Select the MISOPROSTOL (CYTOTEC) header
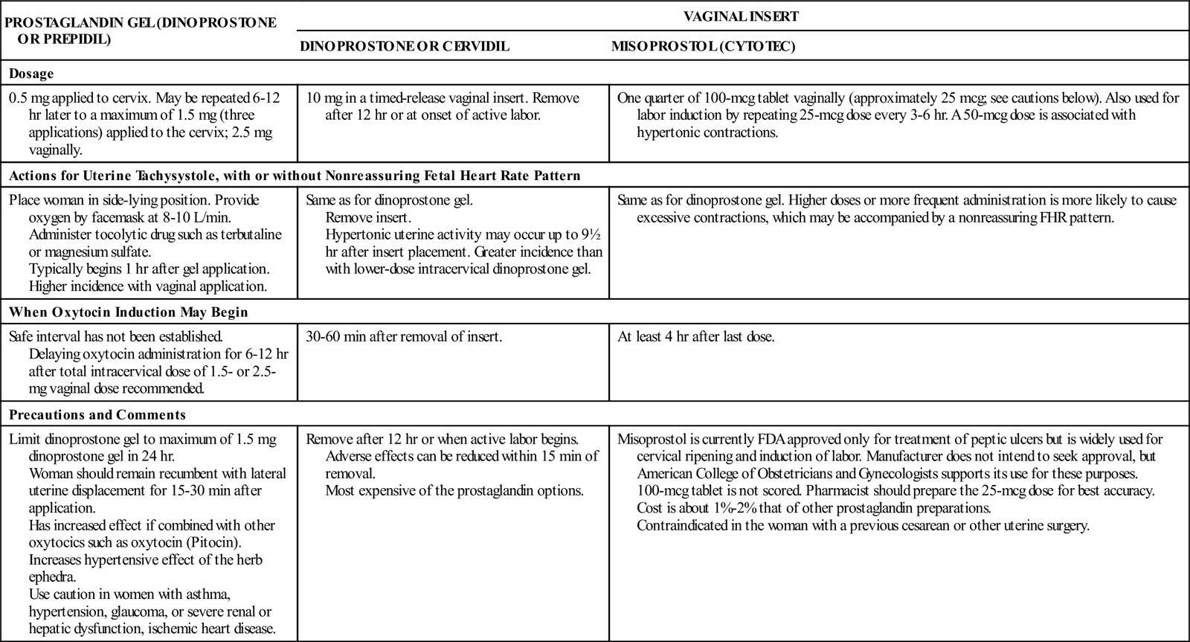(x=703, y=46)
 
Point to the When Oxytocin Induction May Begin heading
(x=128, y=312)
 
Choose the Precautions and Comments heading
(x=97, y=415)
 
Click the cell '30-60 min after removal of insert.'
(x=404, y=336)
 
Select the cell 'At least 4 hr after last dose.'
(x=695, y=336)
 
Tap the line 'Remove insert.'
(x=367, y=218)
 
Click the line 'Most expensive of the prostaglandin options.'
(x=454, y=491)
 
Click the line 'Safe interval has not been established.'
(x=116, y=336)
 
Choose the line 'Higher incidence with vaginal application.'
(x=147, y=286)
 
